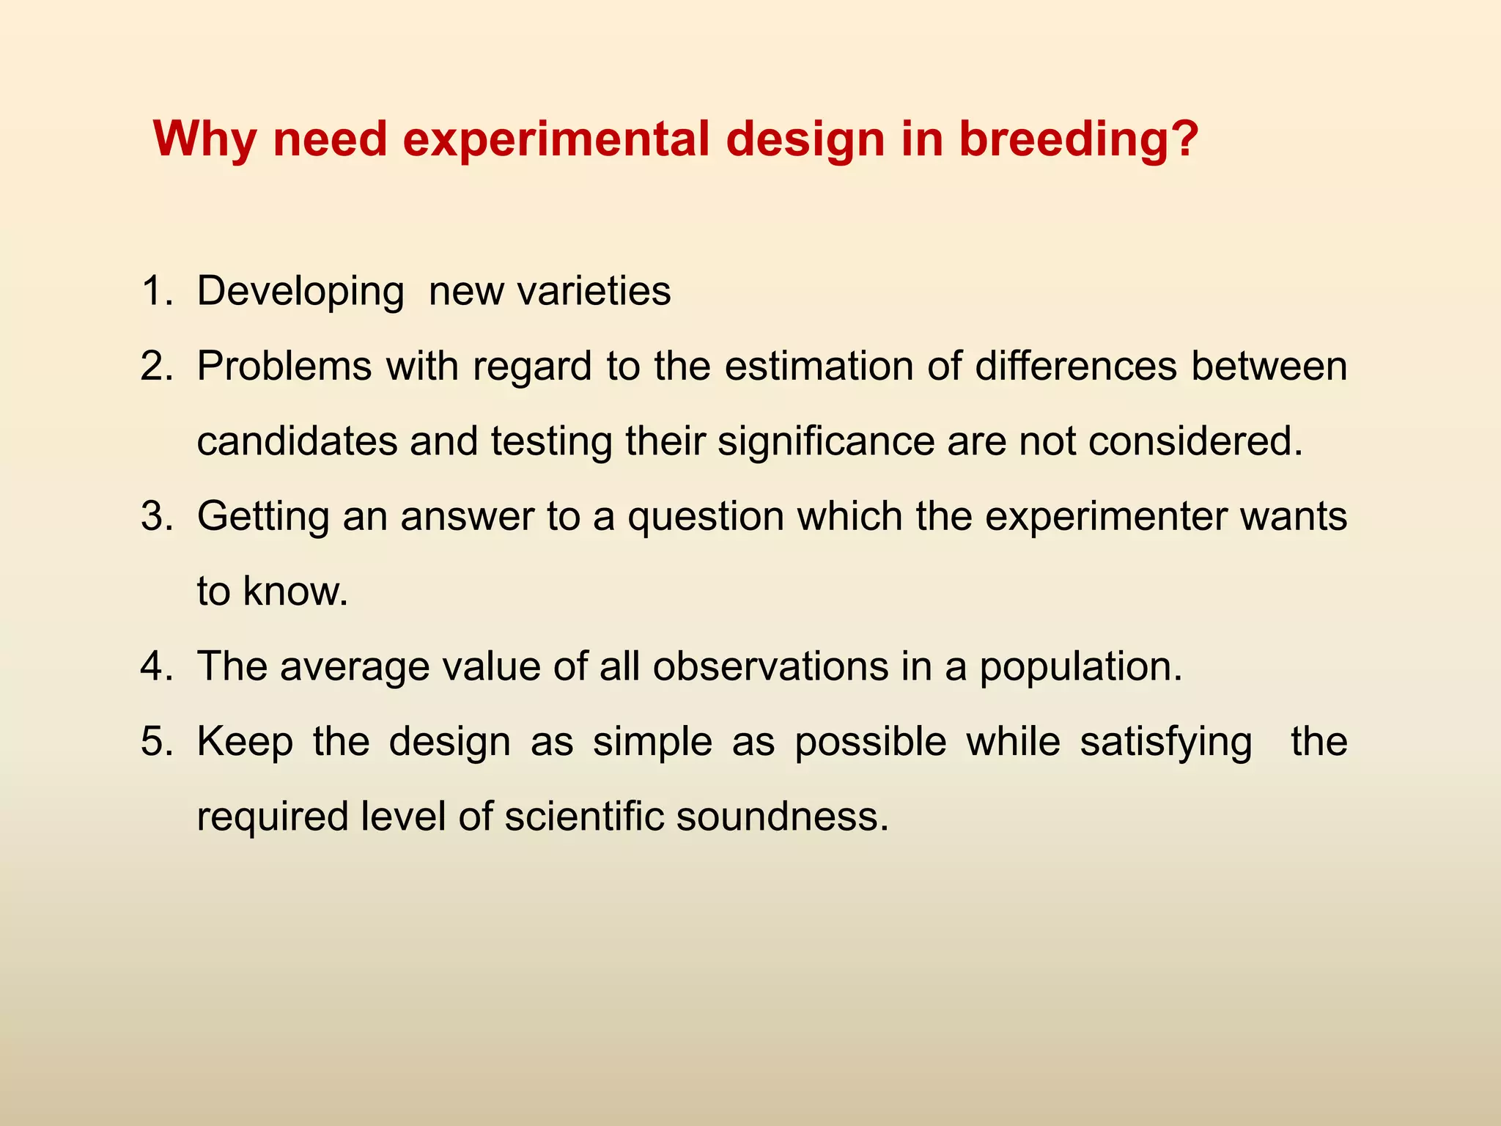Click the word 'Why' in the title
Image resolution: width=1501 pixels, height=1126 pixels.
[x=204, y=139]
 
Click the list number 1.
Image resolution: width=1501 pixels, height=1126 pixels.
[x=156, y=291]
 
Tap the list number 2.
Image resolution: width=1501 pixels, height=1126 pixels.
[x=156, y=366]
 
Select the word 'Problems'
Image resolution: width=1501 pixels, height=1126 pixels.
[x=284, y=366]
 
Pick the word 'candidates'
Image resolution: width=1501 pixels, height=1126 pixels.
[x=297, y=441]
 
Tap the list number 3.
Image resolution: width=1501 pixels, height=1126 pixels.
[x=156, y=516]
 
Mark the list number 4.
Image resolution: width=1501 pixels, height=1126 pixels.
[x=156, y=666]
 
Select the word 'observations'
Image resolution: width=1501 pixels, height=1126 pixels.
[x=770, y=666]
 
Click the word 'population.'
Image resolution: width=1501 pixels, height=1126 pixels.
[x=1080, y=668]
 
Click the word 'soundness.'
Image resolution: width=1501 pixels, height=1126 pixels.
[x=782, y=817]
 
